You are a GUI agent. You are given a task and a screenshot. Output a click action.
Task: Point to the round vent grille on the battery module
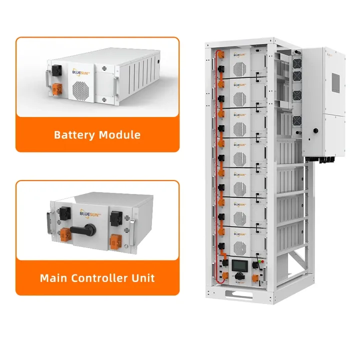(81, 90)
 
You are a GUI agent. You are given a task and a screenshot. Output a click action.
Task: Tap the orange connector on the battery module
(58, 89)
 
